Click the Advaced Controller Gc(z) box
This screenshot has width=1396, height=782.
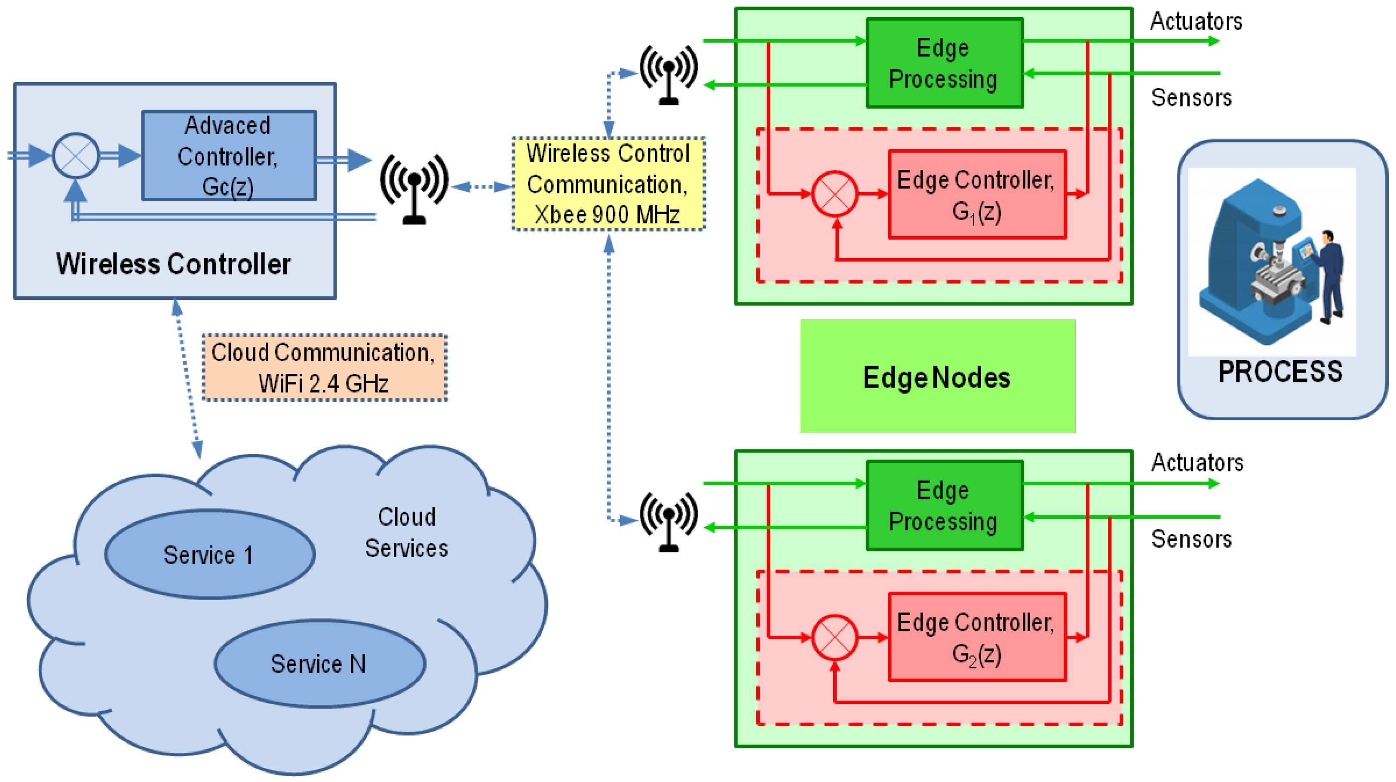point(229,156)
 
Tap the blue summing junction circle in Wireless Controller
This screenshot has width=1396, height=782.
point(76,156)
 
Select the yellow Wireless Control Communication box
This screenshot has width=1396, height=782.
point(608,184)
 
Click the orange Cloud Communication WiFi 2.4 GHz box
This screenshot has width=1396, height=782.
point(324,368)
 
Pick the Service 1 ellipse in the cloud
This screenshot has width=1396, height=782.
point(209,554)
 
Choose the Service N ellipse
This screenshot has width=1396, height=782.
point(320,663)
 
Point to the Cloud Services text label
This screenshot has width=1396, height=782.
point(406,533)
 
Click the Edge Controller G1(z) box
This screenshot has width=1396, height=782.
point(976,195)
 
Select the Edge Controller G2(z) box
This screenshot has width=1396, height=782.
point(976,637)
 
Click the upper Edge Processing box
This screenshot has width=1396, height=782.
point(944,64)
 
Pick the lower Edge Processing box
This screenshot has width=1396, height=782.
point(944,505)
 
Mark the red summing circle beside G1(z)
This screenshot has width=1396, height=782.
point(835,194)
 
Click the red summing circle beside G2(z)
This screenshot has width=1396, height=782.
point(835,637)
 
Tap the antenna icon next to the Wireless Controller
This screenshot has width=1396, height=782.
point(414,187)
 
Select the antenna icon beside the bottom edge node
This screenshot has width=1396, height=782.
point(668,520)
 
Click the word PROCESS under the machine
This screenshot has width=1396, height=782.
point(1280,372)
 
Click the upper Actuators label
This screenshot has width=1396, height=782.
point(1196,22)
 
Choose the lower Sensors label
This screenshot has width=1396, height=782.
point(1191,539)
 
